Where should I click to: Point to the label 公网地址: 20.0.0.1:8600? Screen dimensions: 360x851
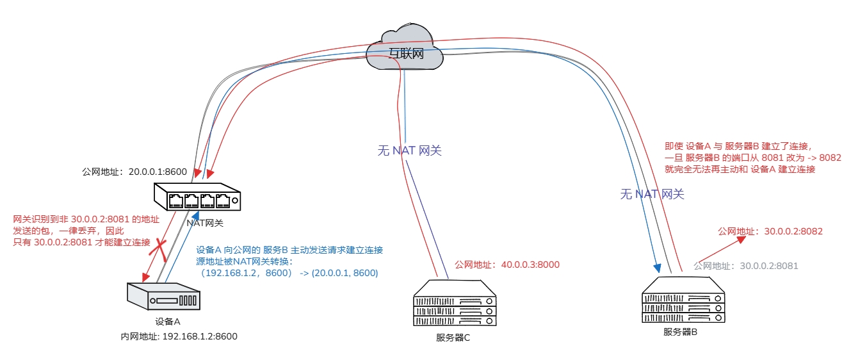[134, 172]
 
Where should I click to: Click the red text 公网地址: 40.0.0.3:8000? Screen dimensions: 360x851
[507, 264]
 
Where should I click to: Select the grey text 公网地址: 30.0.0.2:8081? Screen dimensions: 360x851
[746, 266]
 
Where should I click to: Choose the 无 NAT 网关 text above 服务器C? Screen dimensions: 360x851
[410, 151]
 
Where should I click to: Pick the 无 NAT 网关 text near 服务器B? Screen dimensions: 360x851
[652, 194]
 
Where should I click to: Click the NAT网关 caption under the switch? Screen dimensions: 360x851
[205, 222]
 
